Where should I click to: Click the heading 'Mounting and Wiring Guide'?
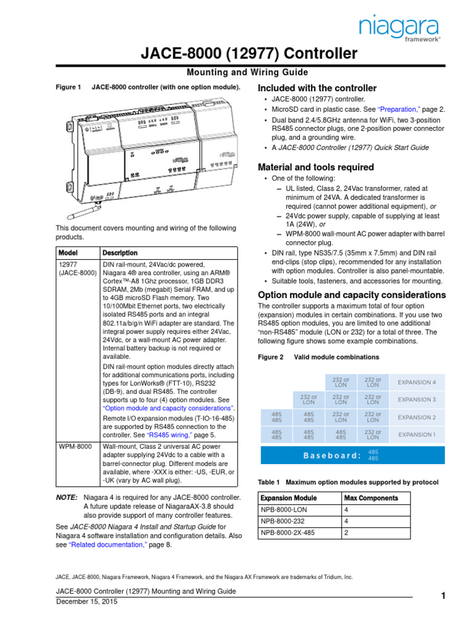pyautogui.click(x=236, y=72)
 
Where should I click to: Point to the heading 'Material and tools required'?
pyautogui.click(x=315, y=167)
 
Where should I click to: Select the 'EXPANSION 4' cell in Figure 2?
pyautogui.click(x=417, y=382)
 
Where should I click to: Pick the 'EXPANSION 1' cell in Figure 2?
pyautogui.click(x=417, y=434)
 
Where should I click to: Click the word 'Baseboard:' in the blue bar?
pyautogui.click(x=331, y=455)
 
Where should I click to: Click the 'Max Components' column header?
pyautogui.click(x=372, y=498)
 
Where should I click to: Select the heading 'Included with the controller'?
pyautogui.click(x=317, y=88)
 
